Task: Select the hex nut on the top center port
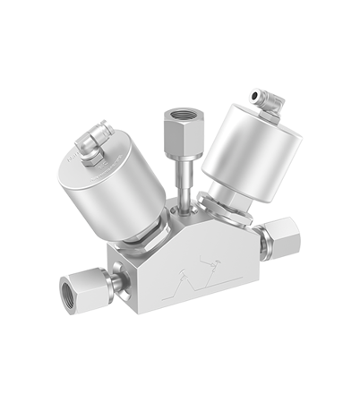point(176,126)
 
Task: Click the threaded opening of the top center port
point(176,114)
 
